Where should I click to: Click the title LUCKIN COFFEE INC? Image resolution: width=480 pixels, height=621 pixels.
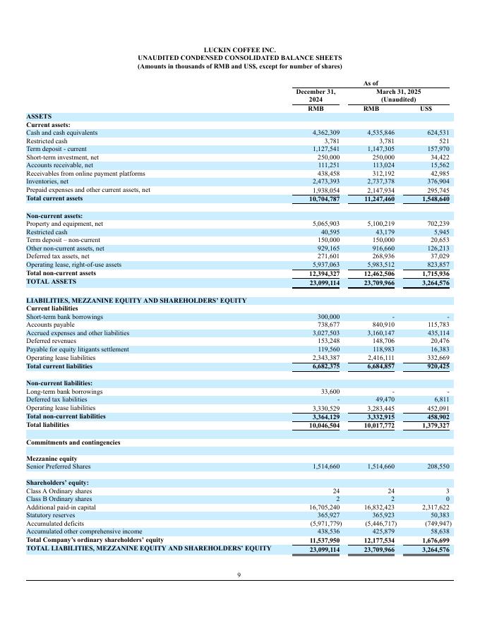click(x=239, y=49)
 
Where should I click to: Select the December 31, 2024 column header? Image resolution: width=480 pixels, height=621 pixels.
click(x=316, y=95)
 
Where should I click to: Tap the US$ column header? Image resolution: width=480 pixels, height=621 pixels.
click(x=426, y=108)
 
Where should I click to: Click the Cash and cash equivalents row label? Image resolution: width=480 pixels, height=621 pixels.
click(x=61, y=133)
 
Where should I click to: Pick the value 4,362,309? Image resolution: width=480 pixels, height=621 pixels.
click(x=326, y=133)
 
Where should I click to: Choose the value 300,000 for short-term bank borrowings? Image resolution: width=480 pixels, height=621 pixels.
click(x=329, y=317)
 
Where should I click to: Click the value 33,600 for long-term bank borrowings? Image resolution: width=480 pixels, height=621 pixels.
click(x=330, y=391)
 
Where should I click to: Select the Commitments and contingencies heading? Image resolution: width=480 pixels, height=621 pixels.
click(x=73, y=442)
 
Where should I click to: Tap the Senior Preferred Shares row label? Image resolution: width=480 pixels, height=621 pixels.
click(x=59, y=466)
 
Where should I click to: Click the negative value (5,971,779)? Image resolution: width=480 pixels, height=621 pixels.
click(x=325, y=524)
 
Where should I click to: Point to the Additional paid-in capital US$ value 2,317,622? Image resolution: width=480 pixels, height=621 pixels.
click(x=432, y=507)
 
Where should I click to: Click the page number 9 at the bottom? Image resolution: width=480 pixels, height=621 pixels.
click(x=239, y=574)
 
